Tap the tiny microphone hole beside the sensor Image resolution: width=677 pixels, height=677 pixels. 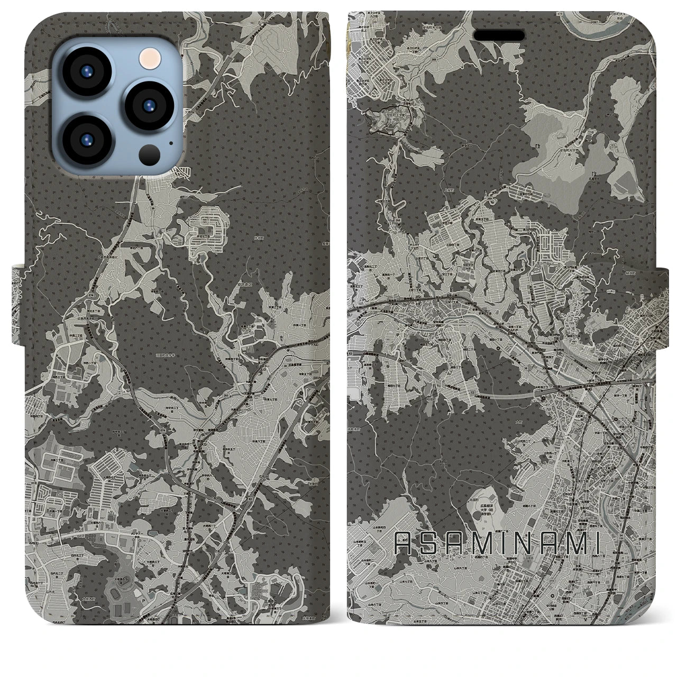(x=170, y=142)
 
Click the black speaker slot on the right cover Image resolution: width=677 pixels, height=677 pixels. (x=499, y=35)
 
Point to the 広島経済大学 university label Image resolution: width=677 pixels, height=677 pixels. (x=488, y=497)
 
